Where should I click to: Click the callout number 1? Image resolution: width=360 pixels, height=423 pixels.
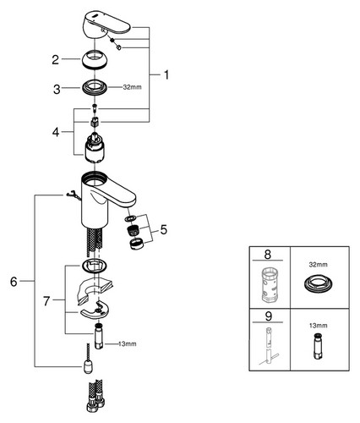166,75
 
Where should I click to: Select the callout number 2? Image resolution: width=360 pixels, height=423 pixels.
56,59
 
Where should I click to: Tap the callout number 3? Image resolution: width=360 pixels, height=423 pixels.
57,90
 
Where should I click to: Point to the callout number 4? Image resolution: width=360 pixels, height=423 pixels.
56,132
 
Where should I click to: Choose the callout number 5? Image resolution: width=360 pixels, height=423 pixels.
164,229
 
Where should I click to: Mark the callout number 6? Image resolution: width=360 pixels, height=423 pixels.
14,282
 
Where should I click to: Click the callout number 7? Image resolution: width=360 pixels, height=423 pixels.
46,301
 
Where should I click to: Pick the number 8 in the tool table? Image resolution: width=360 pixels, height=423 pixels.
268,255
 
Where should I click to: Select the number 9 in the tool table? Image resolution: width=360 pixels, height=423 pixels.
269,316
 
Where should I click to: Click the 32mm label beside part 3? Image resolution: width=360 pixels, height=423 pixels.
132,87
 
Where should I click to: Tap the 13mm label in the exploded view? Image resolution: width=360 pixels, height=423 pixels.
128,343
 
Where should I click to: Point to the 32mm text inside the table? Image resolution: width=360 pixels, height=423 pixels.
319,265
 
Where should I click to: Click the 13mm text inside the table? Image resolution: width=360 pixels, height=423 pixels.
319,326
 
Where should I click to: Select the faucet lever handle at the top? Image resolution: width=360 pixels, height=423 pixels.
105,25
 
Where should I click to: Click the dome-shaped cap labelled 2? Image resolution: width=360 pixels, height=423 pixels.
95,58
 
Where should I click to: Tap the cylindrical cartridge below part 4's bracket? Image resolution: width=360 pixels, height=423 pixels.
95,148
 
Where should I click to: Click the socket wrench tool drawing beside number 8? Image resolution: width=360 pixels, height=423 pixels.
270,285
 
